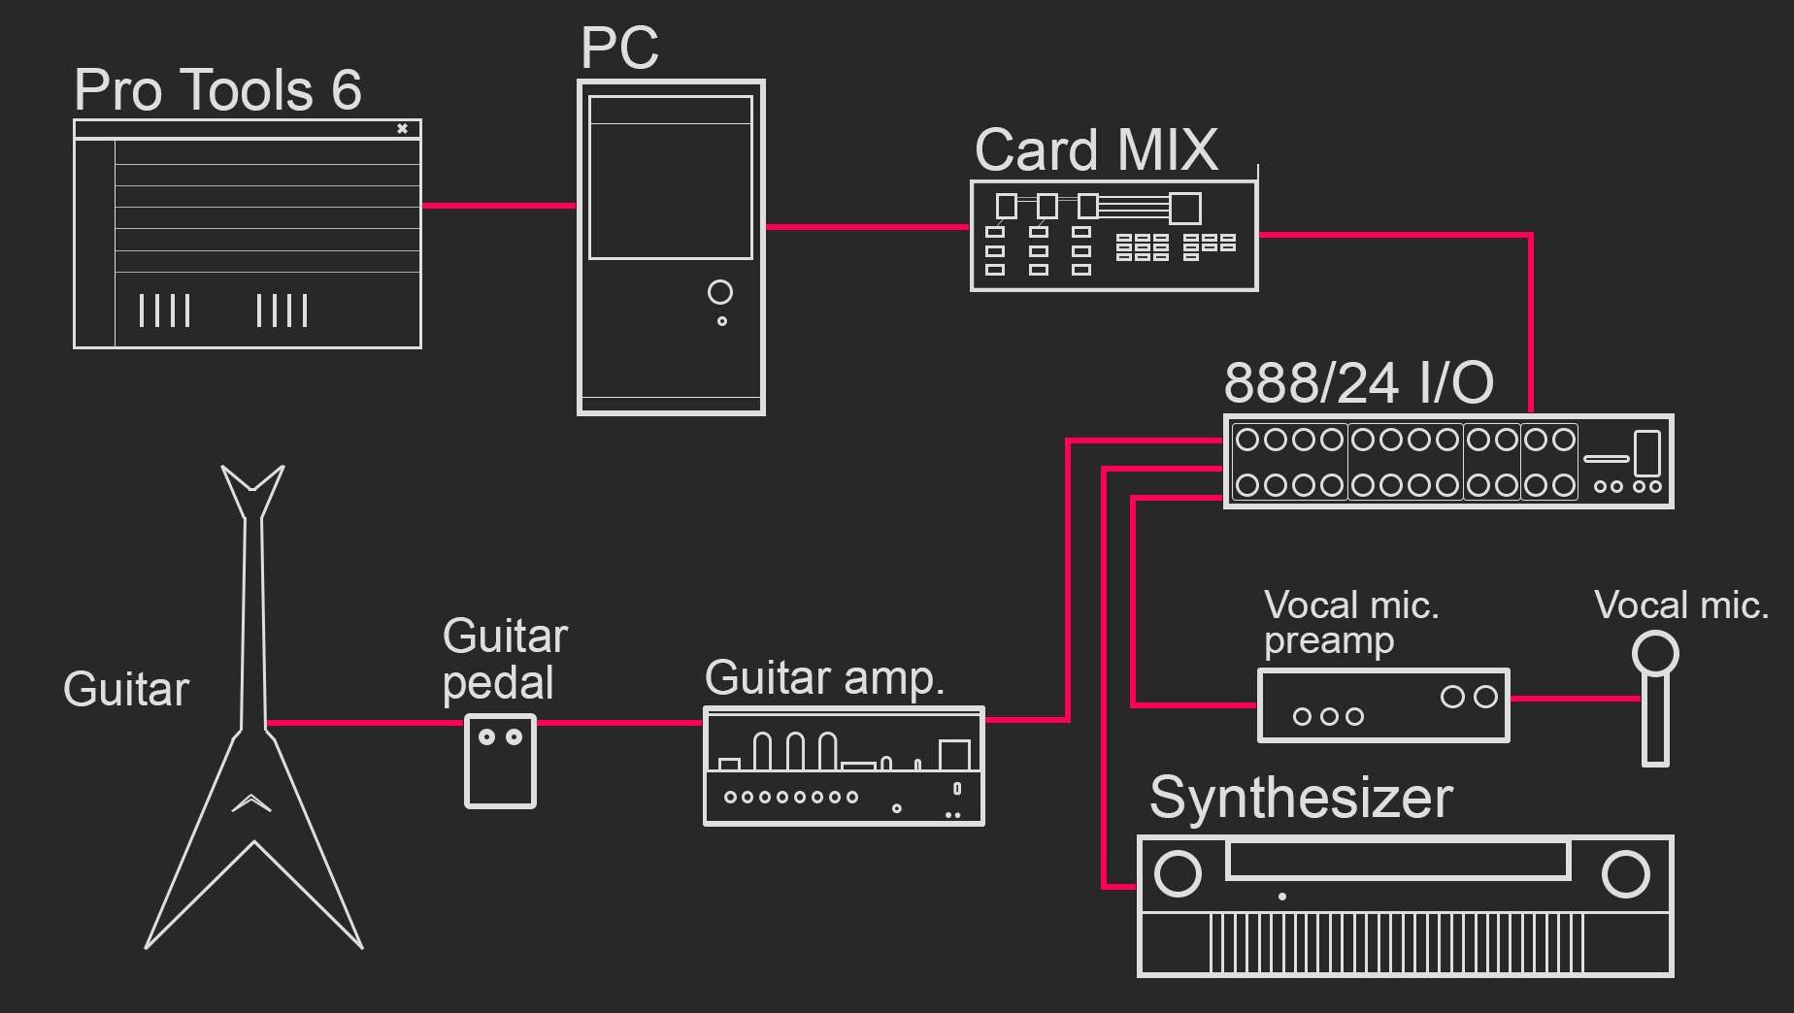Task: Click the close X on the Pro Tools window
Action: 402,128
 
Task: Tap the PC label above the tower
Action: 619,48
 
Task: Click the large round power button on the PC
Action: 720,291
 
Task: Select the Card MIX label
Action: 1096,150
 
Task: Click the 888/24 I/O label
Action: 1358,382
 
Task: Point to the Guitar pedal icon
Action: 500,762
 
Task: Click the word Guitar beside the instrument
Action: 126,689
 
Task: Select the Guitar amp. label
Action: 824,677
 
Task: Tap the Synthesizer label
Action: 1301,798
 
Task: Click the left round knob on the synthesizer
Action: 1178,873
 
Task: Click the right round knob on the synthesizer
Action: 1625,873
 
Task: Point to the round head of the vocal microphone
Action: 1654,653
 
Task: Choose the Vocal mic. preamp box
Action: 1383,705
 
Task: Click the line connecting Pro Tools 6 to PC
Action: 499,206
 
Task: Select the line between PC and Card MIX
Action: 867,227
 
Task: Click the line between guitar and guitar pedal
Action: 364,723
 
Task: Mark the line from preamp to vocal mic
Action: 1575,698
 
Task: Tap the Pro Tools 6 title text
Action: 217,90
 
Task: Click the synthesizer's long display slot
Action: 1398,861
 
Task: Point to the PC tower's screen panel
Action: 671,178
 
